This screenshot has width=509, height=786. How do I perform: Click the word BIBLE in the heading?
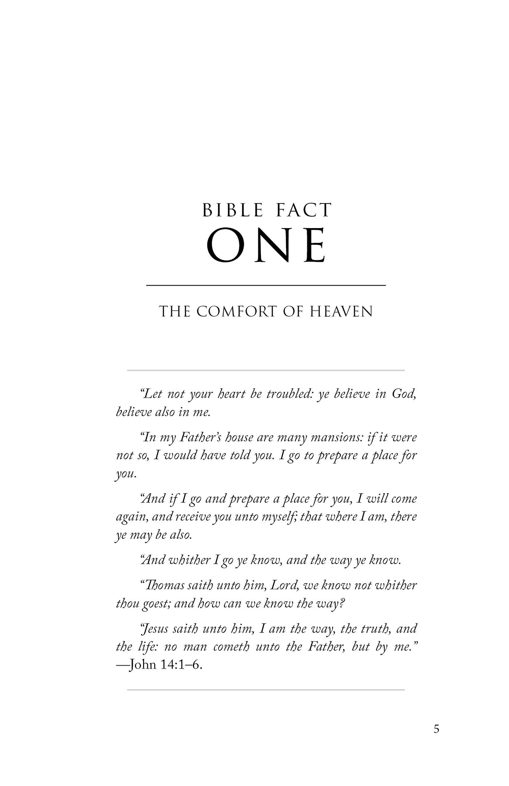click(x=233, y=210)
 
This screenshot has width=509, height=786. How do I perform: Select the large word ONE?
click(x=266, y=245)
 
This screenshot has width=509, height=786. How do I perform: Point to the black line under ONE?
click(x=266, y=285)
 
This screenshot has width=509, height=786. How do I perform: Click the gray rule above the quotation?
click(x=266, y=370)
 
